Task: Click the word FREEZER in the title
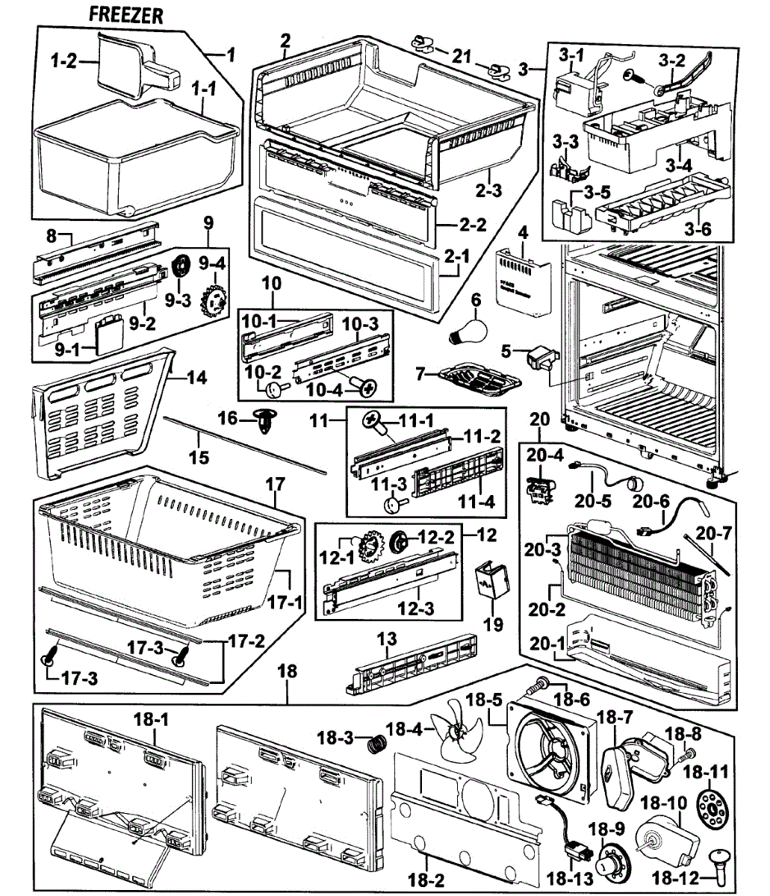(125, 16)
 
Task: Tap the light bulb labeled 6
(465, 329)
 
